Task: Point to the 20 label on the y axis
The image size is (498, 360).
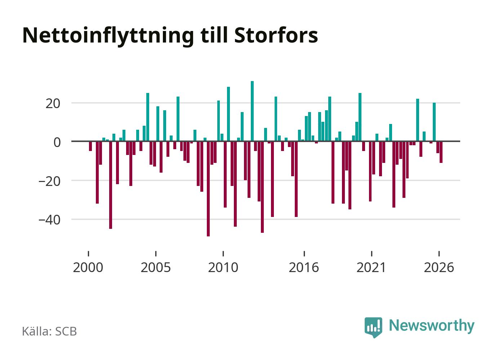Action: point(53,104)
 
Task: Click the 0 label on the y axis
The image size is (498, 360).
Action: point(57,142)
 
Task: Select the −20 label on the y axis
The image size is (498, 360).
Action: point(49,181)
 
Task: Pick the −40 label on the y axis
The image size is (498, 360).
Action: point(49,220)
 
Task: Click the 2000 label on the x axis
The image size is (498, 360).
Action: point(88,267)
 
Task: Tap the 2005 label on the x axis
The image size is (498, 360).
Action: point(156,267)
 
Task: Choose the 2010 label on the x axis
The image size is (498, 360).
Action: point(223,267)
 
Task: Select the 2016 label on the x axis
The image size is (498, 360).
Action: point(304,267)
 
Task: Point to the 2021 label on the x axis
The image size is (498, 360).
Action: point(371,267)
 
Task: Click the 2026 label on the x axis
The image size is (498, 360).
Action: point(439,267)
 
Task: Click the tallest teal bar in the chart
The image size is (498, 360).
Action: point(252,111)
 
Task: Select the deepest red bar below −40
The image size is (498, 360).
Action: point(208,189)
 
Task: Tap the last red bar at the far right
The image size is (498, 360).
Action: point(441,152)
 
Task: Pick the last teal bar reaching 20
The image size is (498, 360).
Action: point(434,122)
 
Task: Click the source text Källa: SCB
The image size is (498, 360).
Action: point(49,331)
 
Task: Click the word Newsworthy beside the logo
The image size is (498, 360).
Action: point(432,326)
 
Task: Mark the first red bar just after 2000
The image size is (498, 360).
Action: point(90,146)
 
